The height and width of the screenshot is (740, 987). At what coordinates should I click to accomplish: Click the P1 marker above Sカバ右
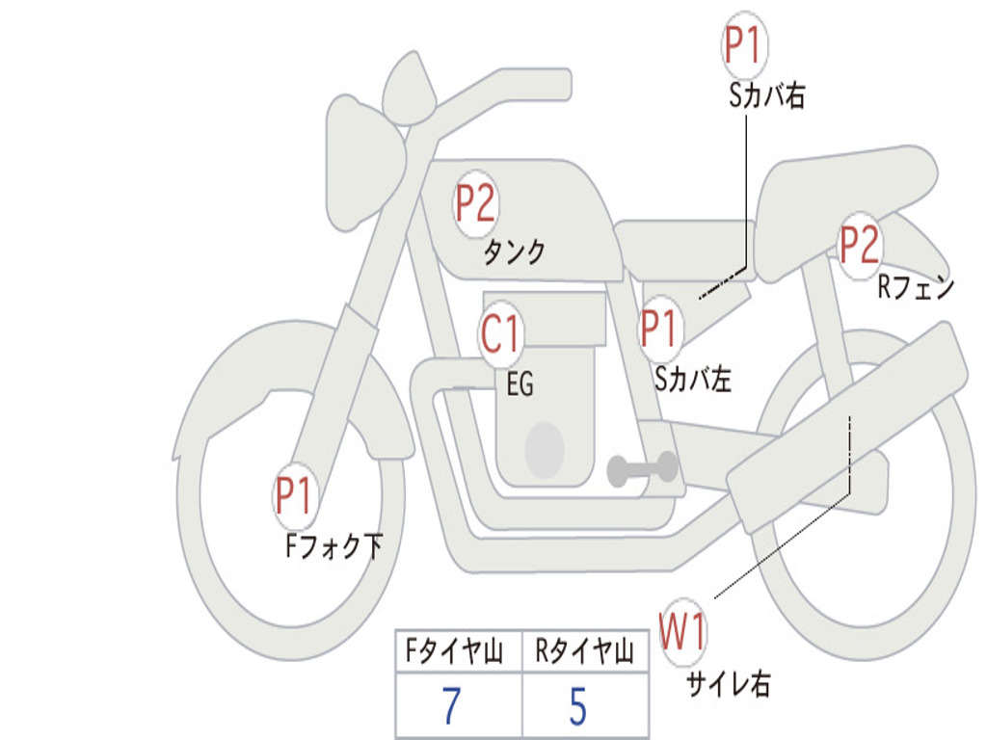[745, 44]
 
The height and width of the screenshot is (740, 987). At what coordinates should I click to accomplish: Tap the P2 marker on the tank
[476, 203]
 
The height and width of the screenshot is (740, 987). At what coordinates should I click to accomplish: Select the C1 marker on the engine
[500, 333]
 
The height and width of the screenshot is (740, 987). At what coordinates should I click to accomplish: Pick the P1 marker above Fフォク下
[294, 496]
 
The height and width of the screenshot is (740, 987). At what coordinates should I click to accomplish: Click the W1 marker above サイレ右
[683, 631]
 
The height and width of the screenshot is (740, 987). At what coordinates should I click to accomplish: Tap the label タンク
[514, 252]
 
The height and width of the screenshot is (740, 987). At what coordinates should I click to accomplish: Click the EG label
[520, 383]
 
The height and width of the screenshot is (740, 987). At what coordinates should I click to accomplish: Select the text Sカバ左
[692, 379]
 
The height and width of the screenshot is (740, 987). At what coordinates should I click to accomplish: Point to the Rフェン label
[916, 287]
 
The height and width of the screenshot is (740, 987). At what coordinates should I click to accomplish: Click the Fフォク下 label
[334, 545]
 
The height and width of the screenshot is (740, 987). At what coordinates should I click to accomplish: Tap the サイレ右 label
[729, 683]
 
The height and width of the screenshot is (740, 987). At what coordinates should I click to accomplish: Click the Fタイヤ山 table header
[454, 650]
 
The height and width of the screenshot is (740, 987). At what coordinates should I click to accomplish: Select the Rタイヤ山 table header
[584, 650]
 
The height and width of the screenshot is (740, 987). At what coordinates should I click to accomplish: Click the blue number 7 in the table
[451, 706]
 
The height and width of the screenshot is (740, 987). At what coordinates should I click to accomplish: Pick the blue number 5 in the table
[578, 706]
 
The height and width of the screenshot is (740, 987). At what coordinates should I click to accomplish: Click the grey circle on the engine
[545, 451]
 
